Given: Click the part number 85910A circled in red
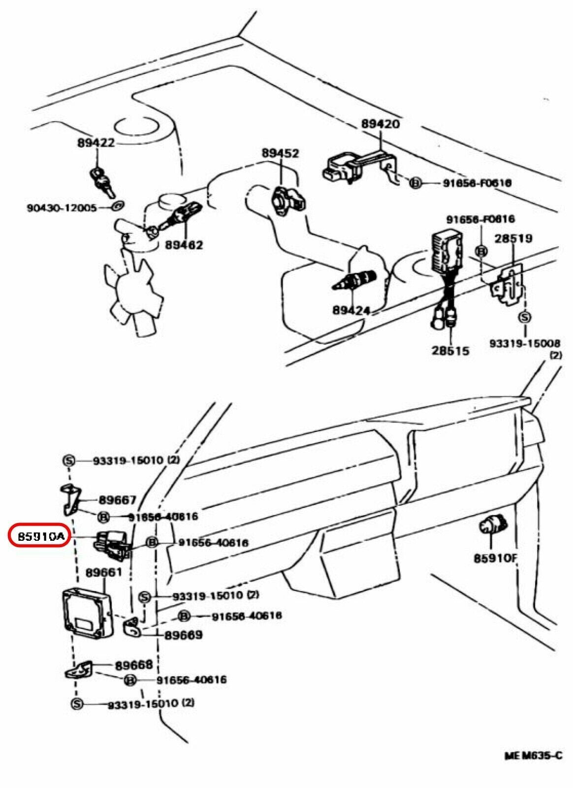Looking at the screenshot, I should (41, 536).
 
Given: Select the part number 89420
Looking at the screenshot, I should (381, 124).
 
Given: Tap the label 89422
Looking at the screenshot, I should (95, 142).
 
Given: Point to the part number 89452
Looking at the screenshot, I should (280, 153).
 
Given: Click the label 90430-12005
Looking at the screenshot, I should (62, 207).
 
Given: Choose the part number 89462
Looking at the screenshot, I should (184, 244).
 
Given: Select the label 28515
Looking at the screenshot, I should (450, 351).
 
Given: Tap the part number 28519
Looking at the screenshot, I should (513, 238).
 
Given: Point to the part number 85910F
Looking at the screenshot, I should (495, 558).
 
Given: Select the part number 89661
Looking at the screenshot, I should (103, 572).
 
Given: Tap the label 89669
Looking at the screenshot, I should (183, 635).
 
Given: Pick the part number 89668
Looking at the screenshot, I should (134, 665).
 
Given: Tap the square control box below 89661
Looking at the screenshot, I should (87, 614).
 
